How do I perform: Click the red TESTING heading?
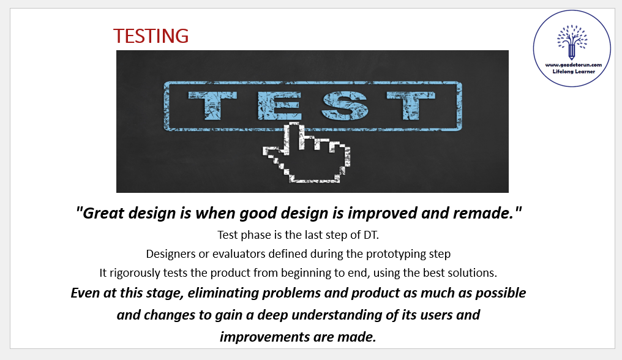click(x=151, y=36)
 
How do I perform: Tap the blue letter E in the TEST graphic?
click(x=279, y=105)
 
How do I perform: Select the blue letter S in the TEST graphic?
click(x=345, y=105)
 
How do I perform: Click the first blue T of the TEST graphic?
click(x=212, y=105)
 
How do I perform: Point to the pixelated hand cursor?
click(x=306, y=153)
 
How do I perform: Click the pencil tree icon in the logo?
click(x=572, y=42)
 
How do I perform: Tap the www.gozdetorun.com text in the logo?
click(x=573, y=65)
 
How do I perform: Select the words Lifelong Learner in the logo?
click(x=574, y=72)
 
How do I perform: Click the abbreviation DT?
click(x=370, y=235)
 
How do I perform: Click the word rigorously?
click(x=135, y=273)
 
